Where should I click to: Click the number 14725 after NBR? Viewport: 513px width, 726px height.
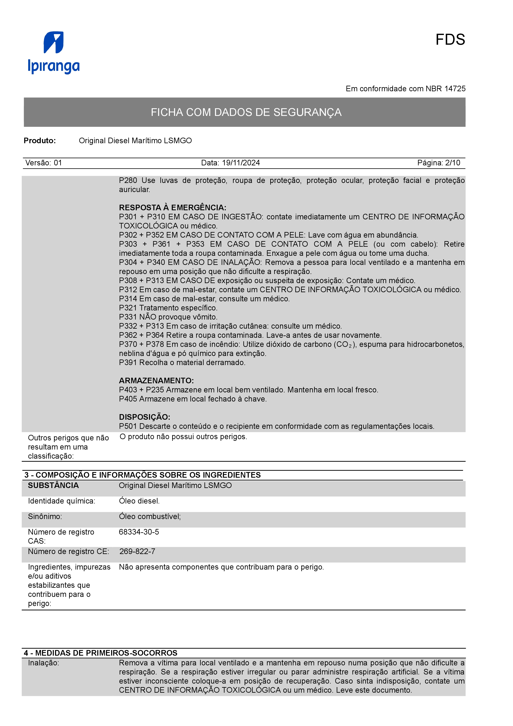coord(455,89)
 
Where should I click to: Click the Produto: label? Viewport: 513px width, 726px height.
coord(40,141)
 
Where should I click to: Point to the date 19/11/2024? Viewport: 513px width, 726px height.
coord(241,163)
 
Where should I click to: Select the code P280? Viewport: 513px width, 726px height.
coord(128,180)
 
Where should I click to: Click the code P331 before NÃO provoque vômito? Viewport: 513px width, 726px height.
coord(128,317)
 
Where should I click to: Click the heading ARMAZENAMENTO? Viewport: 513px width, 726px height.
coord(156,381)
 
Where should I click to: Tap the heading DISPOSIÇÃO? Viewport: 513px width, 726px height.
coord(144,417)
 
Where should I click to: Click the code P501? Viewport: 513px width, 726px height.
coord(128,426)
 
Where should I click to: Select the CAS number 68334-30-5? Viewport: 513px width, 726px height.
coord(139,532)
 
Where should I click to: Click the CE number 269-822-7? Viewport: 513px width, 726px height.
coord(137,552)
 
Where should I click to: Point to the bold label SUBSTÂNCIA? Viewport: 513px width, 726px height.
coord(53,486)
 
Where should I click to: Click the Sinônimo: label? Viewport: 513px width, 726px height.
coord(45,517)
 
